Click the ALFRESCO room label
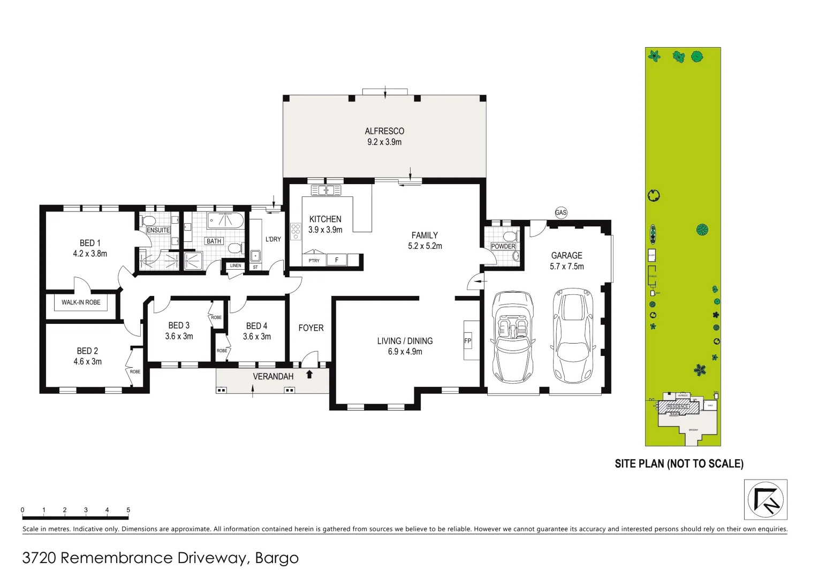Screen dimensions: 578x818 pos(384,131)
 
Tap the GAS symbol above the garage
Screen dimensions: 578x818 pos(561,212)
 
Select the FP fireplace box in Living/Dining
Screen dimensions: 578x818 pos(467,341)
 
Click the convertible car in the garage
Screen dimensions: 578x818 pos(512,337)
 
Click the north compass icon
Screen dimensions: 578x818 pos(766,499)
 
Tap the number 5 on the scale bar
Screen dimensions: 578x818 pos(128,510)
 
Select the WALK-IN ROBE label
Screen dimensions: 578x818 pos(81,302)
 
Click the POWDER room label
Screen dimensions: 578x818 pos(503,246)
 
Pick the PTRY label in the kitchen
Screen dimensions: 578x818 pos(314,261)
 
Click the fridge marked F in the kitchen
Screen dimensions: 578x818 pos(337,260)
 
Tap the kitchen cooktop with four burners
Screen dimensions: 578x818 pos(296,231)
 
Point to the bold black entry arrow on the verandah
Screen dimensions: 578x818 pos(309,375)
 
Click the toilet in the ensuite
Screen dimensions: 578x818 pos(149,220)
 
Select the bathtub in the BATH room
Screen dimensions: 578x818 pos(225,219)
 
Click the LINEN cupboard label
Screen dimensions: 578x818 pos(236,265)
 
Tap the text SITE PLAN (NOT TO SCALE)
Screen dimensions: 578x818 pos(679,464)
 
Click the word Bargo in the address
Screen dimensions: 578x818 pos(277,558)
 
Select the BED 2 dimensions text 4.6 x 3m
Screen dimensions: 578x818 pos(88,362)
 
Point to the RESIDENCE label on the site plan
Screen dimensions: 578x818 pos(677,407)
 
